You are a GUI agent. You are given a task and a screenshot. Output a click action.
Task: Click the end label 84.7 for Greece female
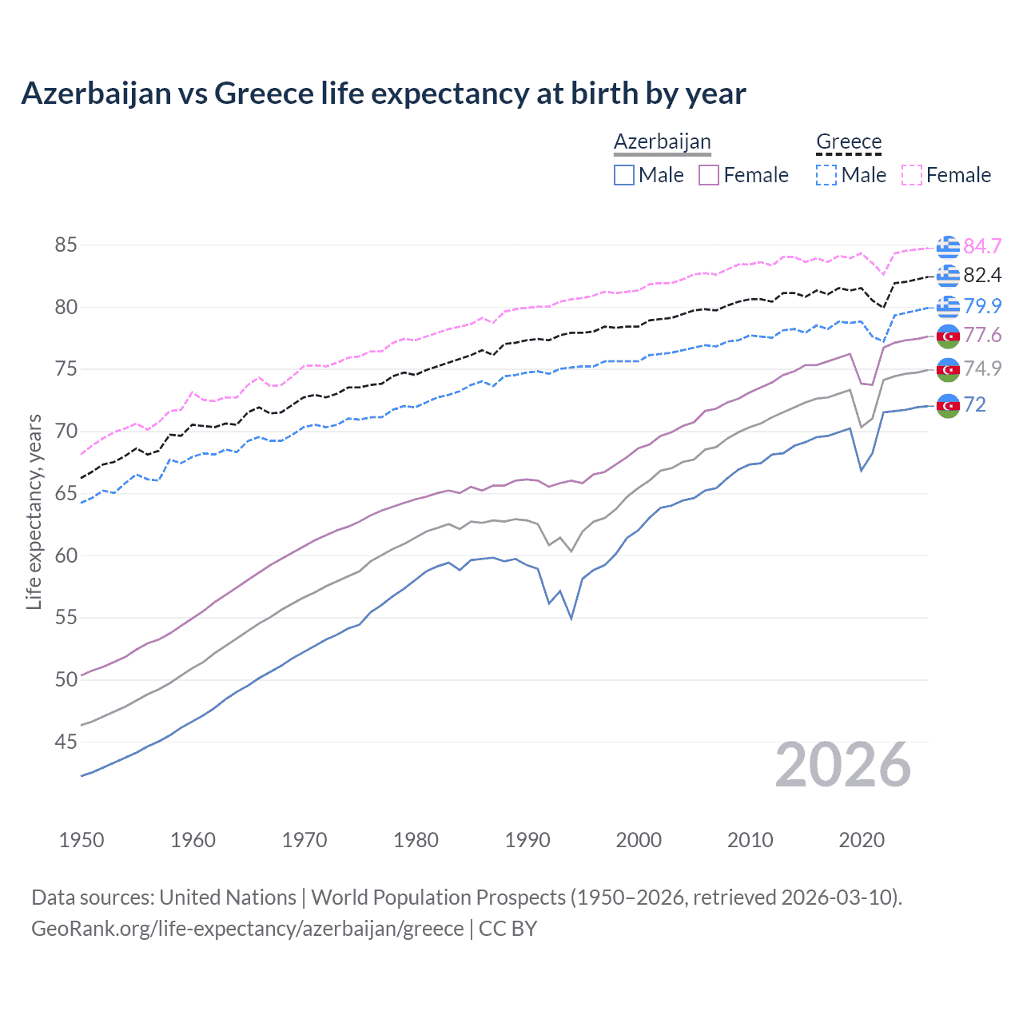[x=982, y=245]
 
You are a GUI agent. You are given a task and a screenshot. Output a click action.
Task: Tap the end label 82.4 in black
[x=982, y=275]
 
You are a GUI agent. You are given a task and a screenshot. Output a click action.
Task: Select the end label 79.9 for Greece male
[x=982, y=305]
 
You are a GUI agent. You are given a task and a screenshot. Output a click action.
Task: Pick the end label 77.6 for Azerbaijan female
[x=982, y=335]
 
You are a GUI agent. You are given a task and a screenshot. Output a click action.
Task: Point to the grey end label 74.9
[x=982, y=368]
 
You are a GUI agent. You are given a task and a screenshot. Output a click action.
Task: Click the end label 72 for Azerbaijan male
[x=974, y=404]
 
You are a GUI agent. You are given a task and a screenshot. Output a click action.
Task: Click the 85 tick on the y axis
[x=66, y=245]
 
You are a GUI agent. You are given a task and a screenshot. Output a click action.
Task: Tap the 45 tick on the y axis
[x=66, y=742]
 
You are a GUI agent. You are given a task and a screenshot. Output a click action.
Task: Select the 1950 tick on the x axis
[x=82, y=840]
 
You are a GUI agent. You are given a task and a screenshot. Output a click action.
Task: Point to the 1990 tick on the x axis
[x=527, y=840]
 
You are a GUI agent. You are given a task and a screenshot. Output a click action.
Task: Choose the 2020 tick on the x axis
[x=862, y=840]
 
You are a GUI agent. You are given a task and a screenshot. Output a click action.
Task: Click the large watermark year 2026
[x=842, y=765]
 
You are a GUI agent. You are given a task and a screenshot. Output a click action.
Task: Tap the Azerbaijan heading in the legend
[x=662, y=141]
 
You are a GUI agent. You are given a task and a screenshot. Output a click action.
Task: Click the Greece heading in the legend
[x=849, y=141]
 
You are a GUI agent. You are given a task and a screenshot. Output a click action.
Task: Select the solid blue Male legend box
[x=624, y=175]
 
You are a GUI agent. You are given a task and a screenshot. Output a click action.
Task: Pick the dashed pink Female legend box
[x=912, y=175]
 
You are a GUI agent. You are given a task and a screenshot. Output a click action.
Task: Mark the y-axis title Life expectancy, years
[x=34, y=511]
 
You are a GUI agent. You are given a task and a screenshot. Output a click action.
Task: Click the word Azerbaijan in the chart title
[x=96, y=94]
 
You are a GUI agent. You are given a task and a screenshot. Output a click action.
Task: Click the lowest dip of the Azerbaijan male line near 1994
[x=571, y=618]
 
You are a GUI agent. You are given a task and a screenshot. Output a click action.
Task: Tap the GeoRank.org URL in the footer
[x=247, y=928]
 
